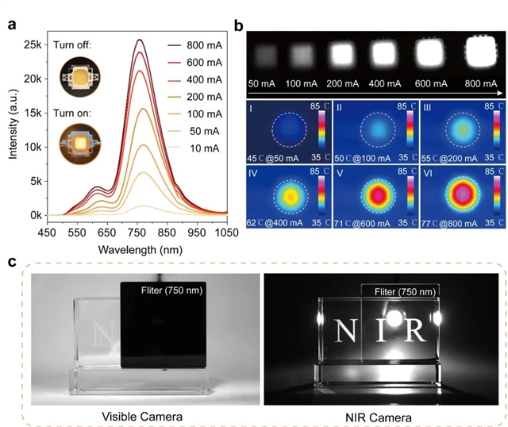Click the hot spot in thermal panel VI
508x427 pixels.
[452, 192]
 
